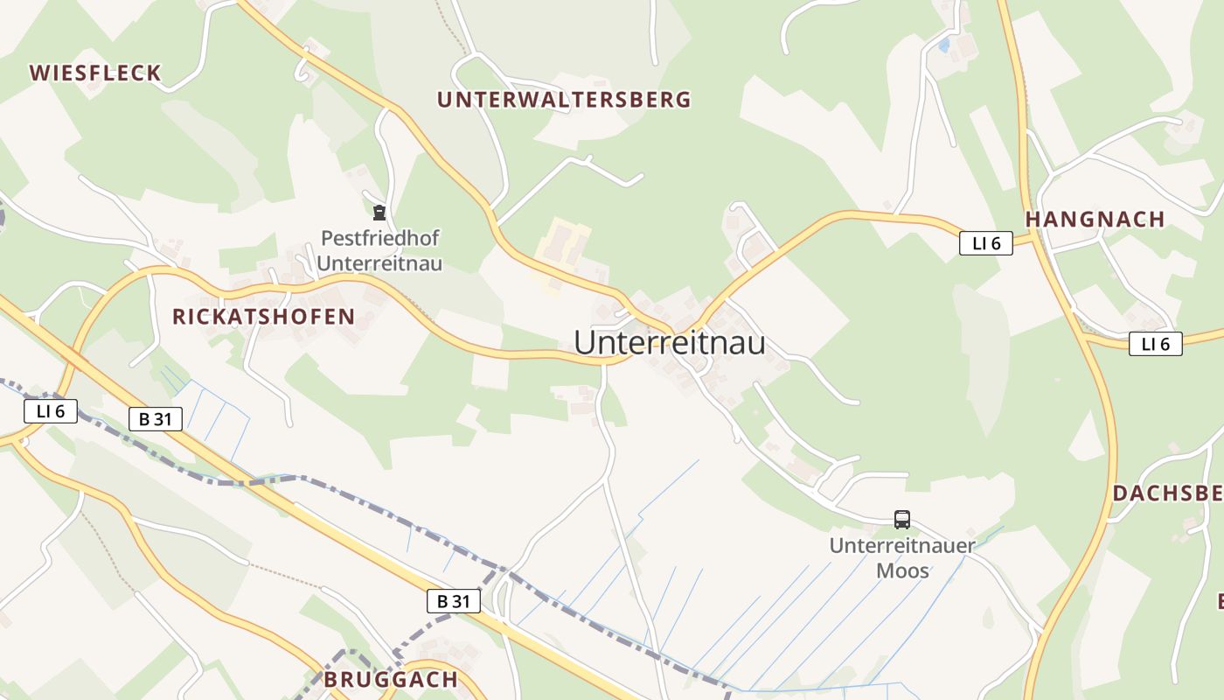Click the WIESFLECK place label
(x=96, y=73)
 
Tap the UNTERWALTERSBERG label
(x=564, y=100)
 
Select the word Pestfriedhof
(x=379, y=238)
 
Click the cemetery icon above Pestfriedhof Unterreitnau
(x=379, y=213)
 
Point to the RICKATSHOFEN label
(x=263, y=317)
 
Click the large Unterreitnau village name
(x=670, y=343)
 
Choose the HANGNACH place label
(x=1095, y=220)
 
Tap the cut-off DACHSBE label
(x=1168, y=493)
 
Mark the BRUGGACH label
(x=391, y=680)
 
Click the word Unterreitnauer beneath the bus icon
(x=902, y=546)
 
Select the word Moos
(x=902, y=571)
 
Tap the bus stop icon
(x=902, y=520)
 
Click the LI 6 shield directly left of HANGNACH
(x=986, y=243)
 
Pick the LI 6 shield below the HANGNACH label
(x=1155, y=345)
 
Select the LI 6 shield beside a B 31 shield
(x=51, y=411)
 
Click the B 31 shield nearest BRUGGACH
(x=454, y=601)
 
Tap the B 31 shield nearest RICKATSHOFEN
(x=156, y=419)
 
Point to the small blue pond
(x=944, y=43)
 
